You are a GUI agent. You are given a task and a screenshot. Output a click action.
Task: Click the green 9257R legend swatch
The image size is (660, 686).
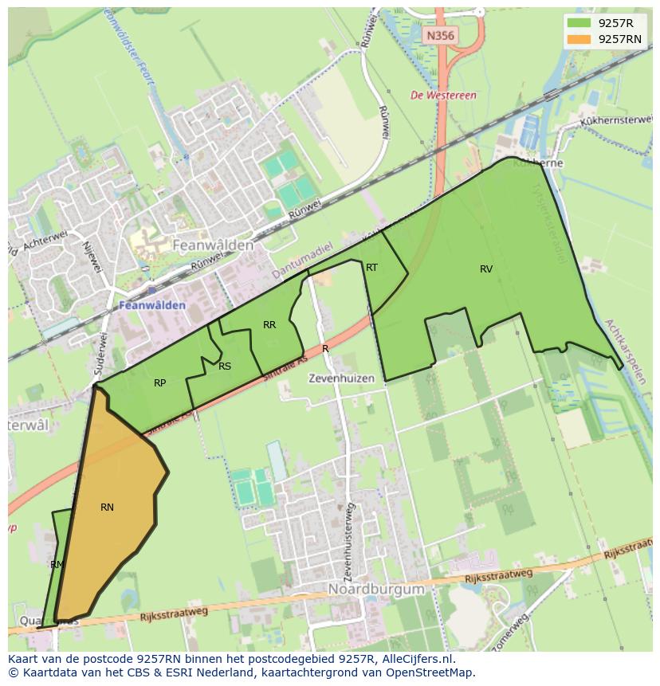coord(579,23)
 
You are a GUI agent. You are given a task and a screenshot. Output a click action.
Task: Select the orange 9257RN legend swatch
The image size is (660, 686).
coord(579,39)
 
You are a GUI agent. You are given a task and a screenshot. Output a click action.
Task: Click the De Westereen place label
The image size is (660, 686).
coord(443,96)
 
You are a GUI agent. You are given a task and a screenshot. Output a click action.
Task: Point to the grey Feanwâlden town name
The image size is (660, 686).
coord(213,245)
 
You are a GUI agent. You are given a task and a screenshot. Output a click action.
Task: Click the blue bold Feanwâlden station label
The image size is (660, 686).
coord(152,305)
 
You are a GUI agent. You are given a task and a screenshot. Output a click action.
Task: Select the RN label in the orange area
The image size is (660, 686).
coord(107,508)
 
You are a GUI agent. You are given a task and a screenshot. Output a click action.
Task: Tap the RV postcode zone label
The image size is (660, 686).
coord(486,269)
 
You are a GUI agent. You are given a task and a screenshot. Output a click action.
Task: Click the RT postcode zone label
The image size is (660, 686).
coord(371,268)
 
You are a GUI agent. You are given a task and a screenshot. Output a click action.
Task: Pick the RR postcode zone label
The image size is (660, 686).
coord(269,325)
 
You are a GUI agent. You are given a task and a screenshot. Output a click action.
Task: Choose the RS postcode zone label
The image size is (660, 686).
coord(225,367)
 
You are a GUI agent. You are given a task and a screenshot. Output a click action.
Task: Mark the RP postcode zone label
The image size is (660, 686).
coord(159,383)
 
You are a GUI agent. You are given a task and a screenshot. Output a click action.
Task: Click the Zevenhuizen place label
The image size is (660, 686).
coord(341,379)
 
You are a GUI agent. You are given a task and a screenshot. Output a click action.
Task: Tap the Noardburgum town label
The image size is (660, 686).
coord(376,590)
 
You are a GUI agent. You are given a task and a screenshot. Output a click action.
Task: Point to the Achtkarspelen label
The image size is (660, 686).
coord(625,351)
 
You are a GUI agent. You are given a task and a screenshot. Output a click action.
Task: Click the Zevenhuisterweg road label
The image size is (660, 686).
coord(348,542)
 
